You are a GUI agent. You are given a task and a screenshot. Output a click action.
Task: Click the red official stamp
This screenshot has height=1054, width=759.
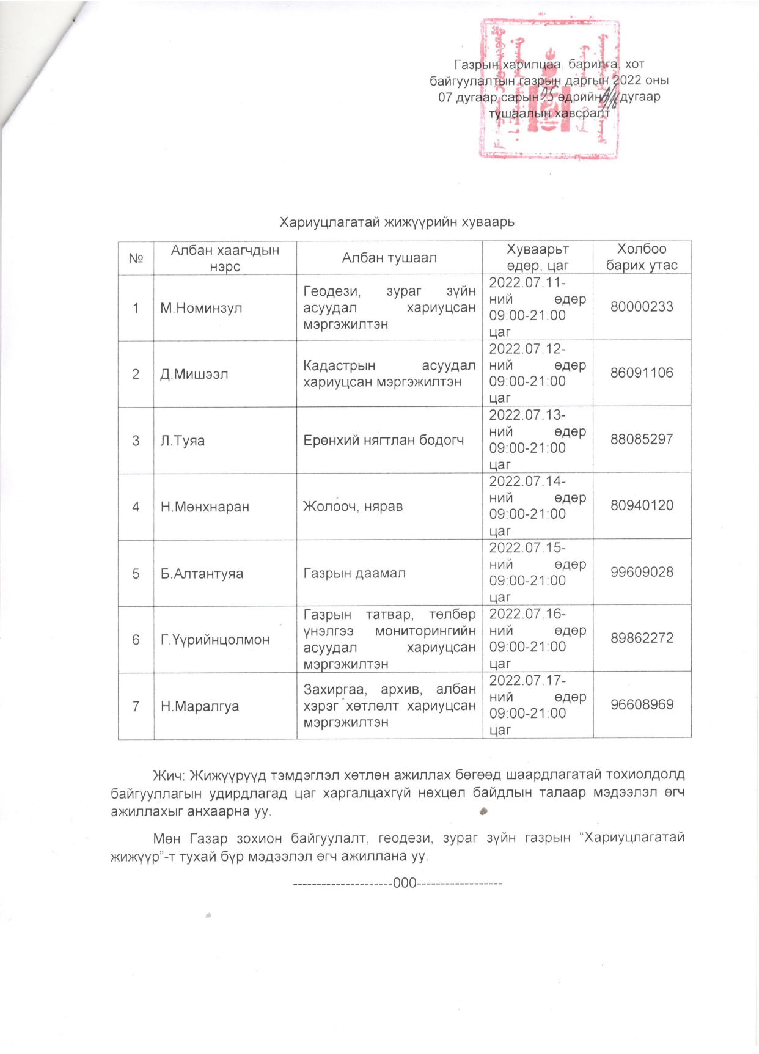pyautogui.click(x=549, y=89)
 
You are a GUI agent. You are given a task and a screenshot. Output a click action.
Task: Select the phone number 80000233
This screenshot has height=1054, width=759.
pyautogui.click(x=642, y=307)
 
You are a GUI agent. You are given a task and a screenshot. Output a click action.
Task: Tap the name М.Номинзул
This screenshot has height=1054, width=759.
pyautogui.click(x=201, y=308)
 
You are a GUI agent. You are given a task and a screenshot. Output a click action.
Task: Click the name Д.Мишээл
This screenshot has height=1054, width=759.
pyautogui.click(x=194, y=374)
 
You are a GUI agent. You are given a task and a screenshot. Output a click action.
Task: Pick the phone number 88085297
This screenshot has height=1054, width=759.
pyautogui.click(x=642, y=439)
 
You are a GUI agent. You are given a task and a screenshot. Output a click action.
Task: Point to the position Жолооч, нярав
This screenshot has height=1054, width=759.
pyautogui.click(x=353, y=507)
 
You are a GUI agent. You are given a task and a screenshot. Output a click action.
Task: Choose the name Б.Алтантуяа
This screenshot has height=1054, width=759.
pyautogui.click(x=202, y=574)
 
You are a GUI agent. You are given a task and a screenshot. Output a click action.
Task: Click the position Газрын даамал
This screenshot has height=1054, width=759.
pyautogui.click(x=354, y=573)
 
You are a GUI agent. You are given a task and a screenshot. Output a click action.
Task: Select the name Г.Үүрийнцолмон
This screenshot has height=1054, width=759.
pyautogui.click(x=215, y=640)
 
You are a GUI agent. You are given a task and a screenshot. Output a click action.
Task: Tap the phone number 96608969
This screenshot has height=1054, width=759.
pyautogui.click(x=642, y=704)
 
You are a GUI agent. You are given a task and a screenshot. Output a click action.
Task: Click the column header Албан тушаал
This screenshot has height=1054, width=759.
pyautogui.click(x=389, y=258)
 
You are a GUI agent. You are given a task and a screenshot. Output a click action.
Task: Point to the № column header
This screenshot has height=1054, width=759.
pyautogui.click(x=136, y=258)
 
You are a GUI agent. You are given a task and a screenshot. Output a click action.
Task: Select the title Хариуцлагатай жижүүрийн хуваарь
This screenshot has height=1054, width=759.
pyautogui.click(x=402, y=222)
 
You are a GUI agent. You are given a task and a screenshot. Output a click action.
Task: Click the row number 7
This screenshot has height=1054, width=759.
pyautogui.click(x=136, y=706)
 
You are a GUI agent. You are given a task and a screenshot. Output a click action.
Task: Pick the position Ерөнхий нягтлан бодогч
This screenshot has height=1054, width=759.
pyautogui.click(x=384, y=440)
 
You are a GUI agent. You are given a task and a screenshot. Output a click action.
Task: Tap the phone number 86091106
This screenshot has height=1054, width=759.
pyautogui.click(x=642, y=373)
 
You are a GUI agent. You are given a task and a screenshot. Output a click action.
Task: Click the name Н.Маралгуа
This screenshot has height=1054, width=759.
pyautogui.click(x=200, y=706)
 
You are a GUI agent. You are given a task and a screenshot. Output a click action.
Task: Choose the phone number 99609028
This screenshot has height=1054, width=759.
pyautogui.click(x=642, y=573)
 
